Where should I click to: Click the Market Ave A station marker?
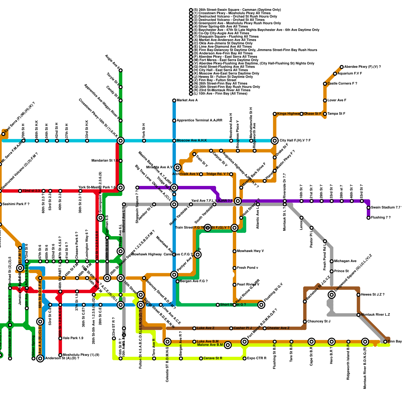pos(174,100)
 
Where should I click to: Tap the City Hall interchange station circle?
pos(275,141)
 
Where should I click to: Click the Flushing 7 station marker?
pos(368,218)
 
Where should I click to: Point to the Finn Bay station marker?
pos(385,342)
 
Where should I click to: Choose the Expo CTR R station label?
pos(257,358)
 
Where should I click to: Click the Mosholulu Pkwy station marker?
pos(60,355)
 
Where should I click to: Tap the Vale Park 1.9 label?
pos(73,338)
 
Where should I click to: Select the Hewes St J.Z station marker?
pos(358,295)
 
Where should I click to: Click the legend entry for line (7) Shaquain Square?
pos(226,37)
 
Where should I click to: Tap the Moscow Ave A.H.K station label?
pos(192,141)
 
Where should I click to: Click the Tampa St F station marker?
pos(325,114)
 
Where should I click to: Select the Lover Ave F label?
pos(337,100)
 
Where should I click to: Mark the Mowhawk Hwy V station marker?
pos(234,251)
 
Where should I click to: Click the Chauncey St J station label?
pos(319,322)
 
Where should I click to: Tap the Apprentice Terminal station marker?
pos(174,121)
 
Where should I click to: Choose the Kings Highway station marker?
pos(275,114)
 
